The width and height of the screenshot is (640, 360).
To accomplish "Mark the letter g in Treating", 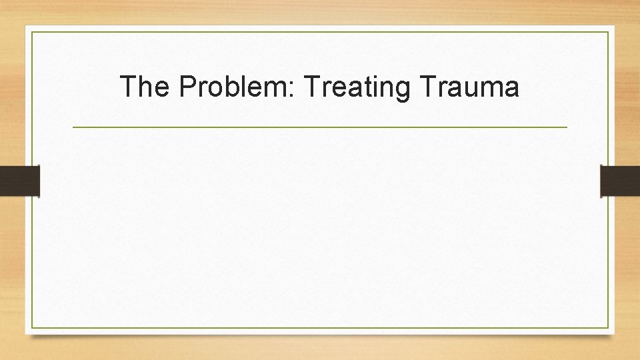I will [403, 90].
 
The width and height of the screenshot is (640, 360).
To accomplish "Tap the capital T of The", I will [127, 87].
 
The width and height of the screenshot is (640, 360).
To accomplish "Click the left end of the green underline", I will [73, 127].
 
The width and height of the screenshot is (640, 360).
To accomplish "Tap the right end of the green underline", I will [567, 127].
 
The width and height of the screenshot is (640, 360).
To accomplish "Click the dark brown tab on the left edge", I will [20, 181].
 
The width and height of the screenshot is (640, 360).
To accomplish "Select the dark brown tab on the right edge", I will [620, 181].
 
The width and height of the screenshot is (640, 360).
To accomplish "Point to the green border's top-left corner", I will [31, 32].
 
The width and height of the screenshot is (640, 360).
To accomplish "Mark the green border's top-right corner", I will [608, 32].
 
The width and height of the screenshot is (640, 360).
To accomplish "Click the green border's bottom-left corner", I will [31, 327].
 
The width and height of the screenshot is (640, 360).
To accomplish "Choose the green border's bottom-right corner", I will [608, 327].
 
